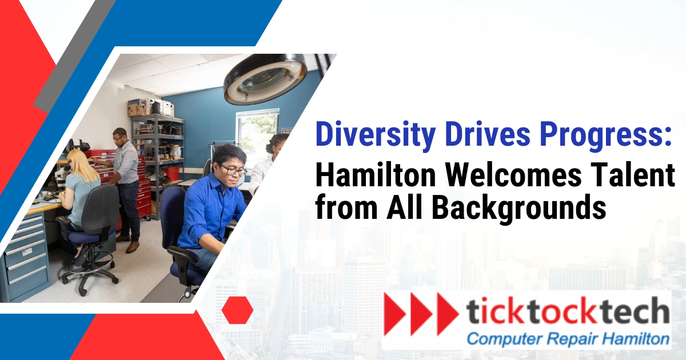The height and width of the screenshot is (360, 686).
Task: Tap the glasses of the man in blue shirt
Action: pos(233,170)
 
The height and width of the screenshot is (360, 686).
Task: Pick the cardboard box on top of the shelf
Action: pos(137,107)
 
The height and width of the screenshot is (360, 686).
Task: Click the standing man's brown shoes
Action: pos(132,247)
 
